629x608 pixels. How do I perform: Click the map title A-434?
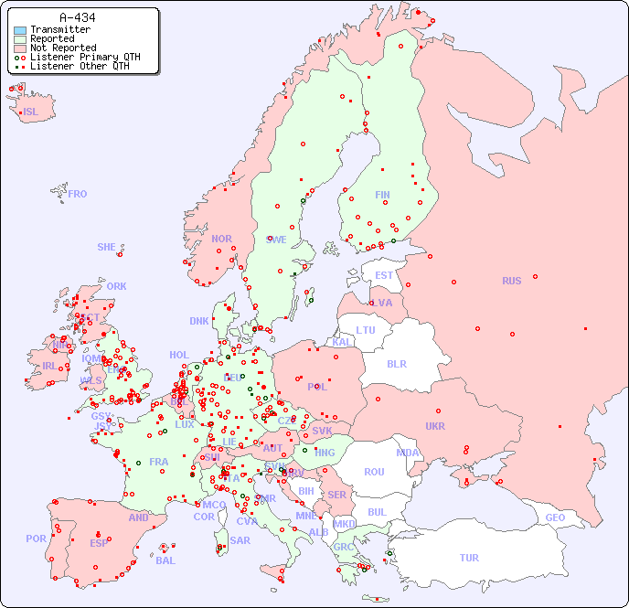pyautogui.click(x=77, y=17)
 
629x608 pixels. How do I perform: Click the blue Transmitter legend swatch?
pyautogui.click(x=20, y=30)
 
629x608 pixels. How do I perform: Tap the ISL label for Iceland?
pyautogui.click(x=31, y=112)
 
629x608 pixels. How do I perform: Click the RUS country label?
pyautogui.click(x=511, y=281)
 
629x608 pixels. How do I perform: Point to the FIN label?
pyautogui.click(x=382, y=195)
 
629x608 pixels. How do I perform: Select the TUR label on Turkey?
pyautogui.click(x=469, y=558)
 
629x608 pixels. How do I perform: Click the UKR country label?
pyautogui.click(x=435, y=426)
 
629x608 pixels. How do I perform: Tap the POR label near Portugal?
pyautogui.click(x=36, y=539)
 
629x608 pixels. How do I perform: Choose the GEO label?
pyautogui.click(x=555, y=517)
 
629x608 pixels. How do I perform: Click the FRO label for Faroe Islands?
pyautogui.click(x=78, y=194)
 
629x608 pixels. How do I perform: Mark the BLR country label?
pyautogui.click(x=397, y=363)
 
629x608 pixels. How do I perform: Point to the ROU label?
pyautogui.click(x=374, y=472)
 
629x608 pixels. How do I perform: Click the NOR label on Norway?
pyautogui.click(x=221, y=239)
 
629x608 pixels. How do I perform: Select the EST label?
pyautogui.click(x=384, y=275)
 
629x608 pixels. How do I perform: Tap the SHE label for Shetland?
pyautogui.click(x=107, y=247)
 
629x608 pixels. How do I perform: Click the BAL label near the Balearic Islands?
pyautogui.click(x=165, y=560)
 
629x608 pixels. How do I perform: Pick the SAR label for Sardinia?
pyautogui.click(x=240, y=540)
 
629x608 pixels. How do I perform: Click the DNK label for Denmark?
pyautogui.click(x=199, y=321)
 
